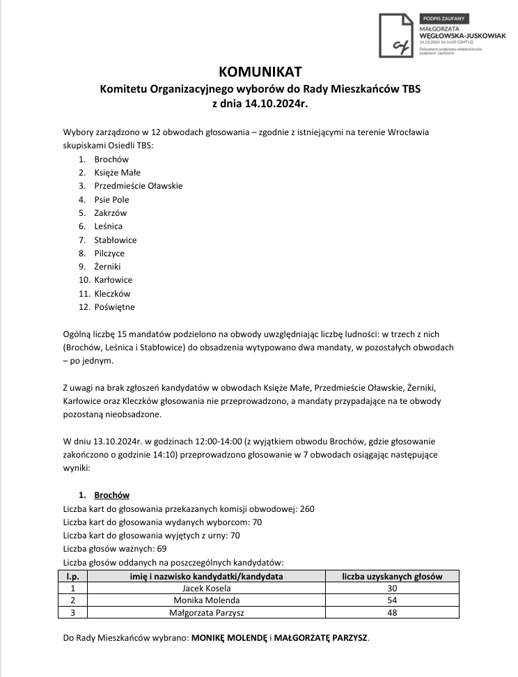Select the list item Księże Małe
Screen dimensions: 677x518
(x=117, y=172)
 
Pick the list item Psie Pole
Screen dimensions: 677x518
(x=111, y=199)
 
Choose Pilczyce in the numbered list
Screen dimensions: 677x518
(x=109, y=253)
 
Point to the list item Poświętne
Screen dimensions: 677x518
(x=114, y=306)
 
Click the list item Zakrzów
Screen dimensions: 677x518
(x=111, y=212)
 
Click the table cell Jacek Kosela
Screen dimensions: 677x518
(x=206, y=588)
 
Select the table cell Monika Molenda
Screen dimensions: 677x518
(x=206, y=600)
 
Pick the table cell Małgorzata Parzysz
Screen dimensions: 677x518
(x=207, y=613)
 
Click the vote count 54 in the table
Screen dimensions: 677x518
(x=391, y=600)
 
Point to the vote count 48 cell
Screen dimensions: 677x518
(x=391, y=613)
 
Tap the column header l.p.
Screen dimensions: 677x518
(x=72, y=576)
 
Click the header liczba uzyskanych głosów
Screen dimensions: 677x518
(x=391, y=576)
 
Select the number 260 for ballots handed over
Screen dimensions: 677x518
(x=307, y=508)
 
